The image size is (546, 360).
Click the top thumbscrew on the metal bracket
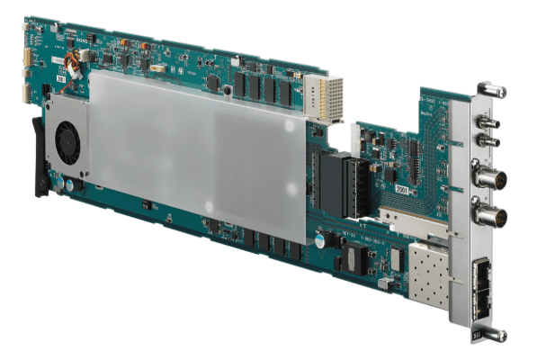pyautogui.click(x=491, y=90)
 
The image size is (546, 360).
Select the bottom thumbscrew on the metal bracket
pyautogui.click(x=491, y=335)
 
